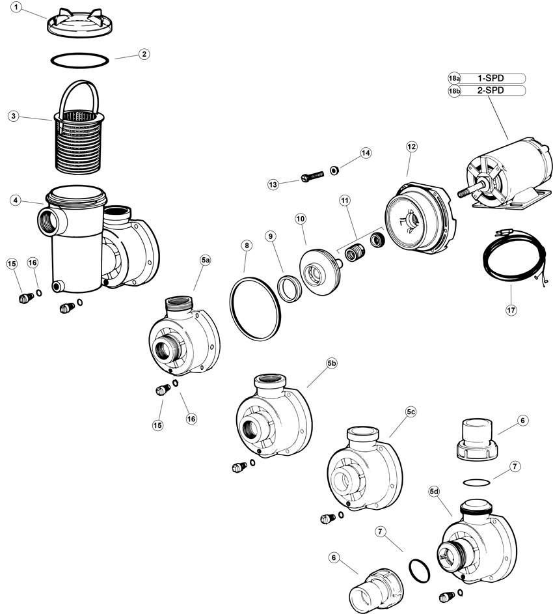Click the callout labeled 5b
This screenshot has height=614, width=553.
[x=332, y=363]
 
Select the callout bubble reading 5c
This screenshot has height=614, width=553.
[x=411, y=412]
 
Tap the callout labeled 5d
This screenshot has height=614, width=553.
[x=435, y=491]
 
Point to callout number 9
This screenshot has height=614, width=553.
[x=271, y=236]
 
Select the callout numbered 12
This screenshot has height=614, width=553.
[x=411, y=147]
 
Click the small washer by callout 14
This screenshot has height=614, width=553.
[x=333, y=171]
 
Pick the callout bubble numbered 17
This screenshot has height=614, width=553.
[x=511, y=311]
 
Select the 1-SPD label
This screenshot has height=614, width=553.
[x=492, y=78]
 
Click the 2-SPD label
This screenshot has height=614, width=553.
[x=492, y=91]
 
